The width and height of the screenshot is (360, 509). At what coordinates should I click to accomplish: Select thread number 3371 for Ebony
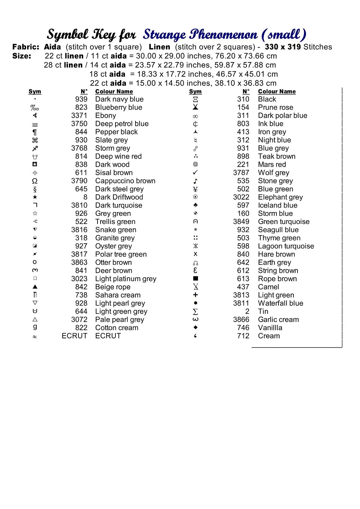(x=79, y=116)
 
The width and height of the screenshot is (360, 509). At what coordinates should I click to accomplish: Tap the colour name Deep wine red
(x=118, y=156)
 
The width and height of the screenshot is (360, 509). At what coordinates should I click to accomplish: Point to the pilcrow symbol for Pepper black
(x=35, y=132)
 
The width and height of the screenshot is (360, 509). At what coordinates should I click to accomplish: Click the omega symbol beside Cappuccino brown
(x=35, y=181)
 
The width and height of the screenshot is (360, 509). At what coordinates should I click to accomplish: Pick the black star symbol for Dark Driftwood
(x=35, y=197)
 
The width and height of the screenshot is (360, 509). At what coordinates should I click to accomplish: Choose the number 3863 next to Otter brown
(x=79, y=262)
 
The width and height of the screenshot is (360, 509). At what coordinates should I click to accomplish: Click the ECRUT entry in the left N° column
(x=74, y=336)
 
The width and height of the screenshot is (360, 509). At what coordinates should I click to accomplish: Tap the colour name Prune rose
(x=275, y=108)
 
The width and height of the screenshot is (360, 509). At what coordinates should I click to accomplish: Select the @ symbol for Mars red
(x=195, y=164)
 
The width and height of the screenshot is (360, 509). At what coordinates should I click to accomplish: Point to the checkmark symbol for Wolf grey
(x=195, y=172)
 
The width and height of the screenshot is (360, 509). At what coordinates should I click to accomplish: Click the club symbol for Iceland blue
(x=195, y=205)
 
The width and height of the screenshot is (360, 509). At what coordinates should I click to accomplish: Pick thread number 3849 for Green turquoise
(x=241, y=222)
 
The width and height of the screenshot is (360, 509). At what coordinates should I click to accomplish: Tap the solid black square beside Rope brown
(x=195, y=279)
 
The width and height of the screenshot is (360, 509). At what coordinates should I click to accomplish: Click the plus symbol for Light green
(x=195, y=295)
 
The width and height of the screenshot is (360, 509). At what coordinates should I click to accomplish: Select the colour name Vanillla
(x=270, y=327)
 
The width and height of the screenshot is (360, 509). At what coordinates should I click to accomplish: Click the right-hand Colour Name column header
(x=277, y=92)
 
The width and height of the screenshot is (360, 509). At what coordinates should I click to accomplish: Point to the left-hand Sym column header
(x=35, y=92)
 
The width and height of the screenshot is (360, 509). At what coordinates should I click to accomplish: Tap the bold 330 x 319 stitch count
(x=283, y=47)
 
